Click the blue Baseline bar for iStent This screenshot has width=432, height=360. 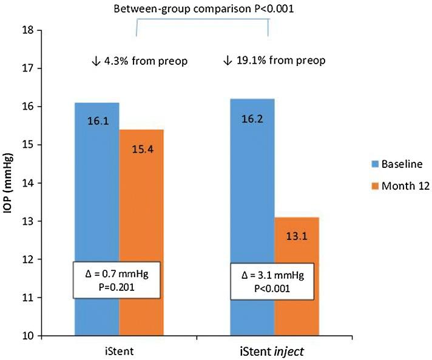pos(96,182)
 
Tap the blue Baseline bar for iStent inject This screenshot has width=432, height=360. pos(253,182)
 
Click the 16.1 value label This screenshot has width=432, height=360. pos(96,121)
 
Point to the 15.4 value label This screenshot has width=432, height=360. pos(141,148)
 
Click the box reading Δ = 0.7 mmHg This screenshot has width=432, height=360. pos(116,280)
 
